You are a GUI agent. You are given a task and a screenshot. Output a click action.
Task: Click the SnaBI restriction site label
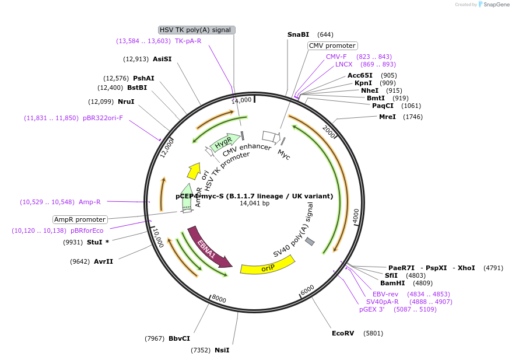click(x=298, y=34)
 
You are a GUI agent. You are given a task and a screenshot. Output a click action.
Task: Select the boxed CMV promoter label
click(x=332, y=46)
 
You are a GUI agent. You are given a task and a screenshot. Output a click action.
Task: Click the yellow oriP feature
click(x=268, y=268)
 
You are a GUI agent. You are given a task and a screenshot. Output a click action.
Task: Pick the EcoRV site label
click(x=343, y=333)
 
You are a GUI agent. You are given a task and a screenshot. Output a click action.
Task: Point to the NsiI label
click(x=222, y=350)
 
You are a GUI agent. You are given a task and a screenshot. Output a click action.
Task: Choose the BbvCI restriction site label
click(x=179, y=338)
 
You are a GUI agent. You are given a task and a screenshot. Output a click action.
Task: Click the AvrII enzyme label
click(x=103, y=261)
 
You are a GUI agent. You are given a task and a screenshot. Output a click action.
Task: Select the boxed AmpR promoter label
click(x=80, y=219)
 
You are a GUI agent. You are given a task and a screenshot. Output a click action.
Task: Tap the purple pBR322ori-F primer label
click(x=103, y=118)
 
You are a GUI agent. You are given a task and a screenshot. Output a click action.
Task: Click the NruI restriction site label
click(x=126, y=102)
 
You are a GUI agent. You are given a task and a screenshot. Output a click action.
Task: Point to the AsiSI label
click(x=162, y=59)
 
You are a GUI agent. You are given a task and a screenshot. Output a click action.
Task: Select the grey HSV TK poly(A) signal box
click(x=197, y=30)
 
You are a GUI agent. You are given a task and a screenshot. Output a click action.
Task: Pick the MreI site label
click(x=387, y=117)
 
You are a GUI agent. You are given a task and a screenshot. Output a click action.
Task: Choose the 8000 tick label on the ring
click(x=219, y=299)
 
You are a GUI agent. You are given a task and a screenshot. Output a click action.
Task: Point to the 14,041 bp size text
click(x=255, y=204)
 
